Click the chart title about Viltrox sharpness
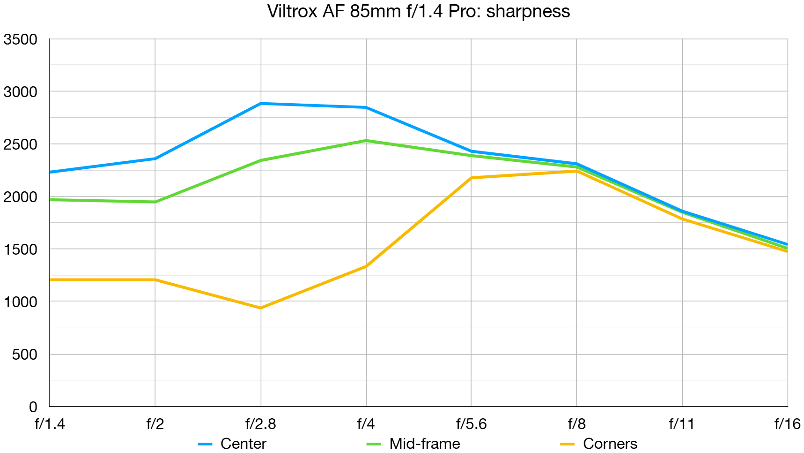pyautogui.click(x=418, y=11)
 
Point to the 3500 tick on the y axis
pyautogui.click(x=21, y=39)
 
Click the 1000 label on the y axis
pyautogui.click(x=21, y=302)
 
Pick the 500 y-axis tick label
pyautogui.click(x=25, y=354)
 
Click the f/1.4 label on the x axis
pyautogui.click(x=50, y=424)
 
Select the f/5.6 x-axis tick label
pyautogui.click(x=471, y=424)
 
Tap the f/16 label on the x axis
pyautogui.click(x=787, y=424)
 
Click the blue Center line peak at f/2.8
pyautogui.click(x=261, y=104)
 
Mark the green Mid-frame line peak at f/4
pyautogui.click(x=366, y=141)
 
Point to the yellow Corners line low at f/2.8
pyautogui.click(x=261, y=308)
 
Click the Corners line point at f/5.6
pyautogui.click(x=472, y=178)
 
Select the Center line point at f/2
pyautogui.click(x=155, y=159)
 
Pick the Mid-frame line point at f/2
pyautogui.click(x=155, y=202)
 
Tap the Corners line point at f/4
pyautogui.click(x=366, y=266)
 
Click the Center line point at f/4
pyautogui.click(x=366, y=107)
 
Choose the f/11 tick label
pyautogui.click(x=682, y=424)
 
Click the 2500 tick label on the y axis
pyautogui.click(x=21, y=144)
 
